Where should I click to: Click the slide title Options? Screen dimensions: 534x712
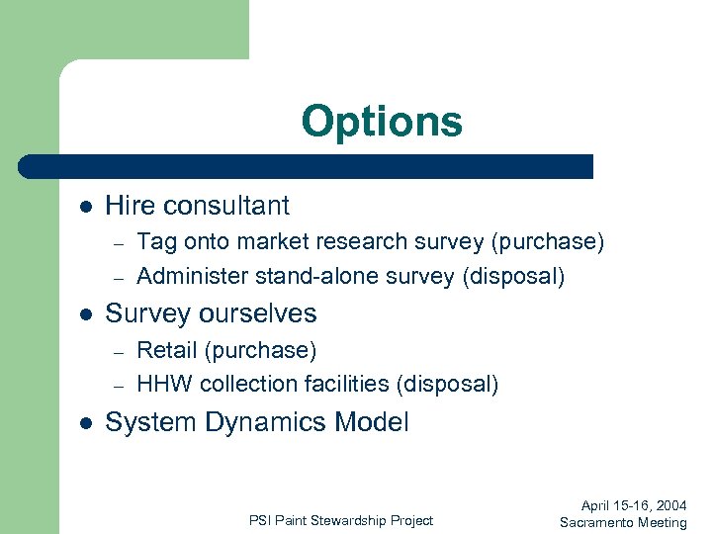click(x=382, y=122)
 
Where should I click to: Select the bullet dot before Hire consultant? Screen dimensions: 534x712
click(x=86, y=207)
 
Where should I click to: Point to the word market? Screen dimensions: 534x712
click(x=261, y=241)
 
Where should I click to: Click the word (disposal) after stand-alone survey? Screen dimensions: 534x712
click(x=513, y=276)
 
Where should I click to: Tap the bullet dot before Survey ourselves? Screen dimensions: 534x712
click(x=86, y=314)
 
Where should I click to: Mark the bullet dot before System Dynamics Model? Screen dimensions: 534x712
click(x=86, y=423)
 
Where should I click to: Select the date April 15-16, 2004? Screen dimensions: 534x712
click(x=627, y=505)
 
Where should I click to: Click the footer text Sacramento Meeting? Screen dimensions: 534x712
click(x=622, y=522)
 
